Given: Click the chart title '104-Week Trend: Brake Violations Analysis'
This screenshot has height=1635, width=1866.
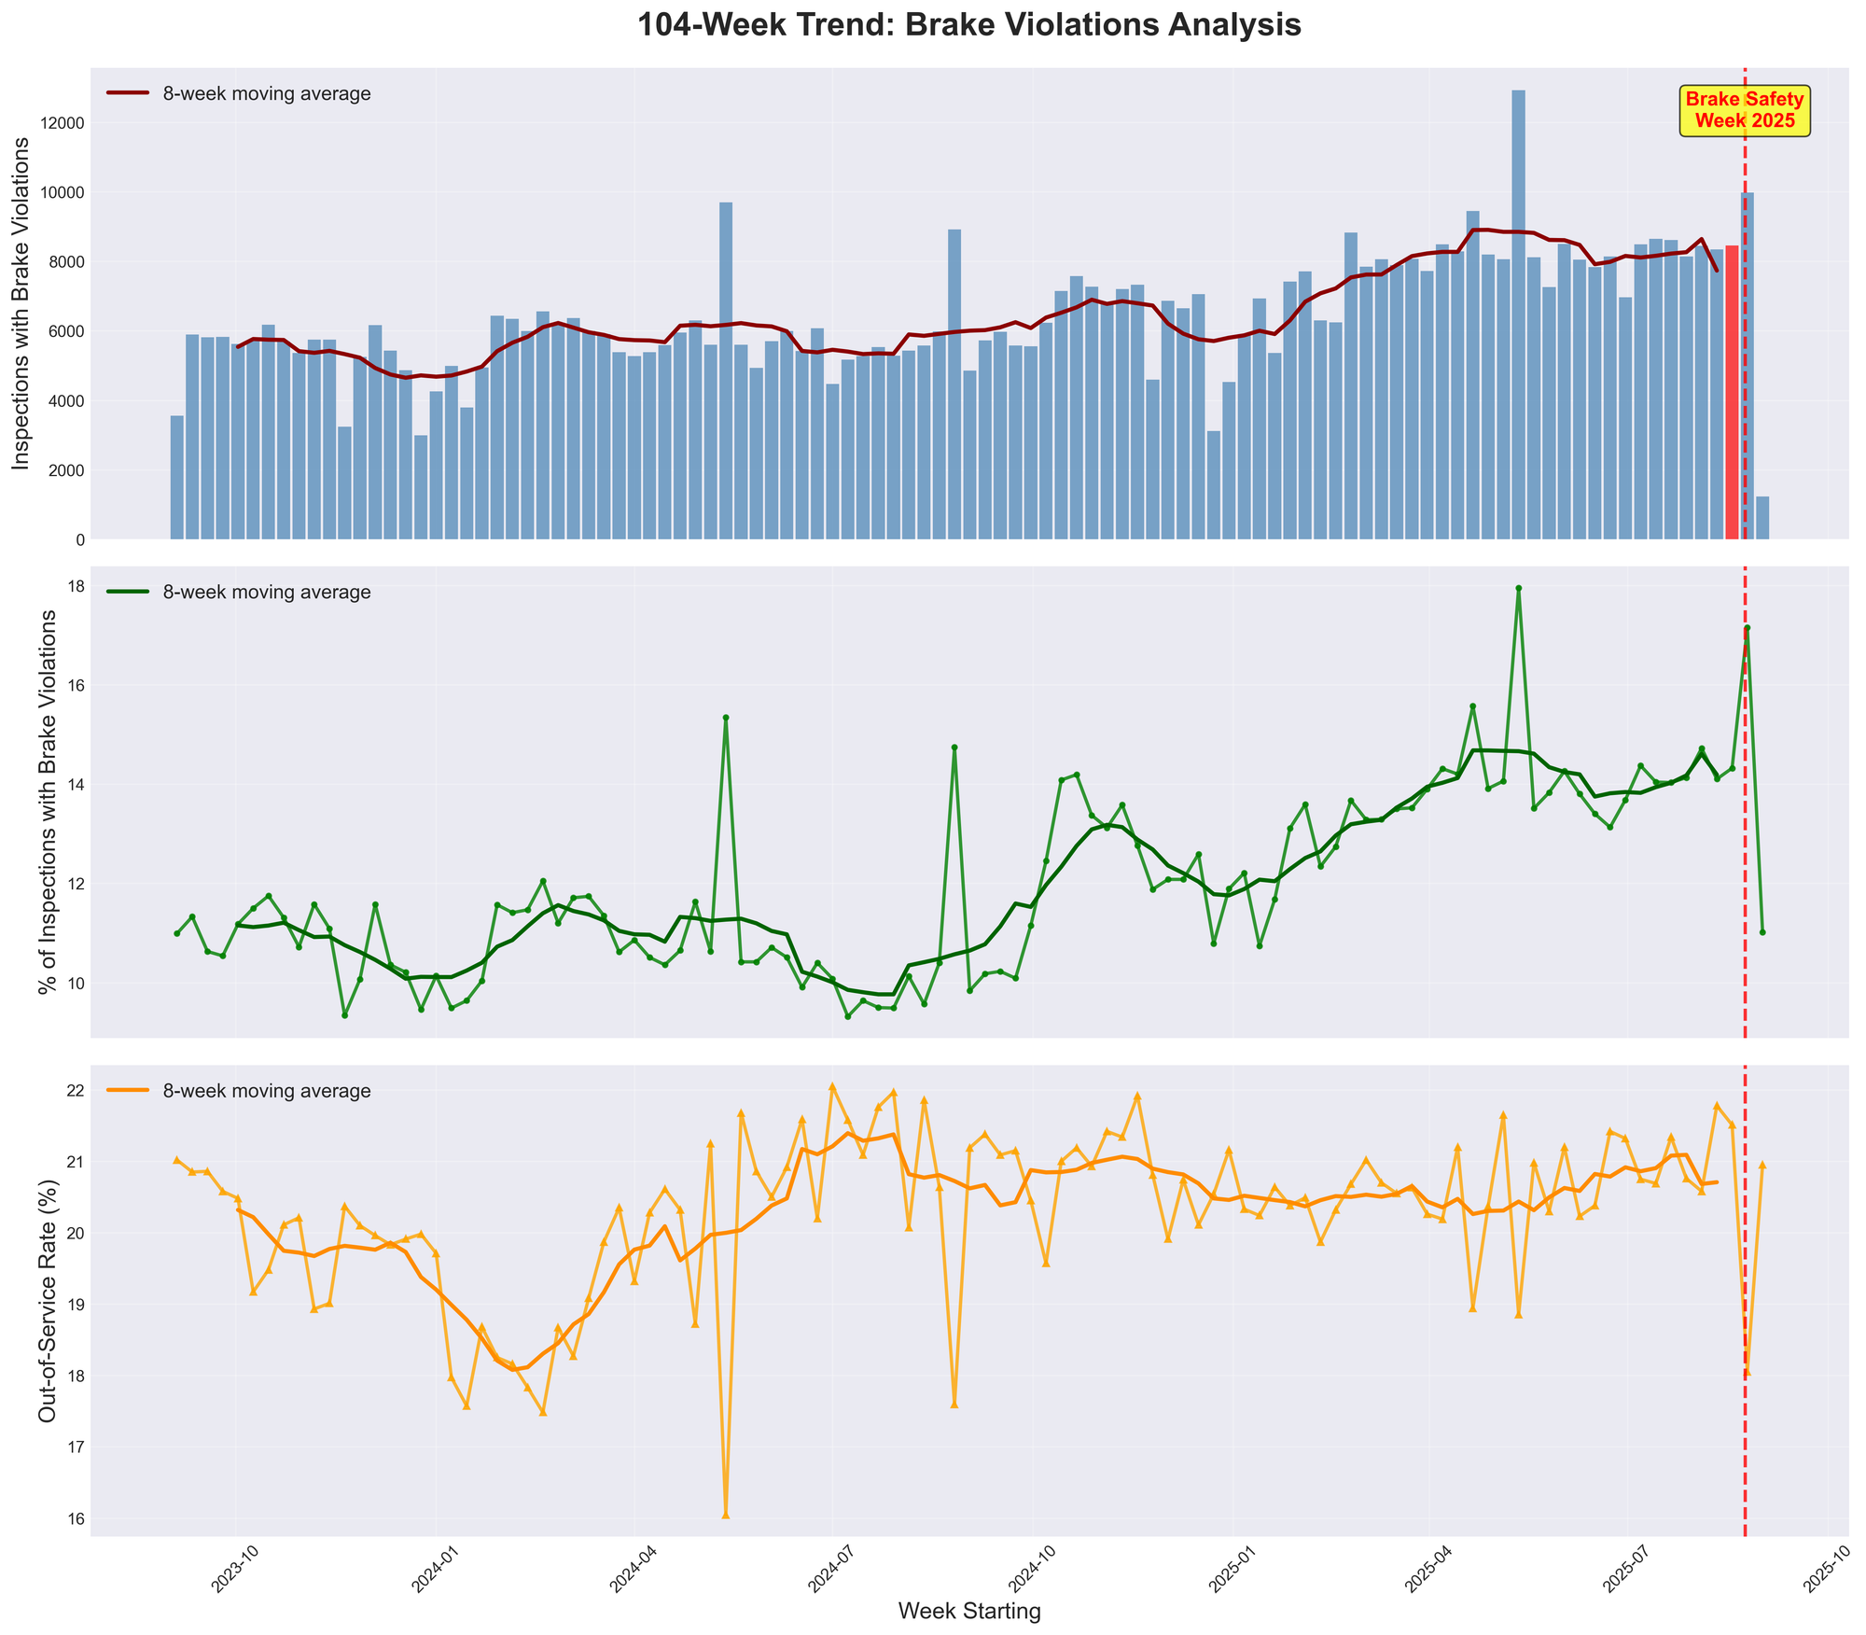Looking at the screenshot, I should pos(968,25).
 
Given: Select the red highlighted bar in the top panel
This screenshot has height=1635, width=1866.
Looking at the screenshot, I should pos(1732,392).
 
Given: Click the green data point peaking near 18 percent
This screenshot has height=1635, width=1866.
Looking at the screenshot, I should pos(1518,588).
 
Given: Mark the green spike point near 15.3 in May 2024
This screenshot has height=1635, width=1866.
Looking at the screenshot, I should pos(726,718).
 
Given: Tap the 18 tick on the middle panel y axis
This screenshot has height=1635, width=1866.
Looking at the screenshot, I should pos(78,586).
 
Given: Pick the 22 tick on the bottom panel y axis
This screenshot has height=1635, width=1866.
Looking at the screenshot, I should pos(78,1091).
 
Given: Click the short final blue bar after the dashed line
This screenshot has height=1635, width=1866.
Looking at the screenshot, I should pos(1762,518).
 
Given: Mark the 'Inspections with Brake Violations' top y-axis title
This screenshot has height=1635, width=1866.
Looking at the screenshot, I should pos(25,303).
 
